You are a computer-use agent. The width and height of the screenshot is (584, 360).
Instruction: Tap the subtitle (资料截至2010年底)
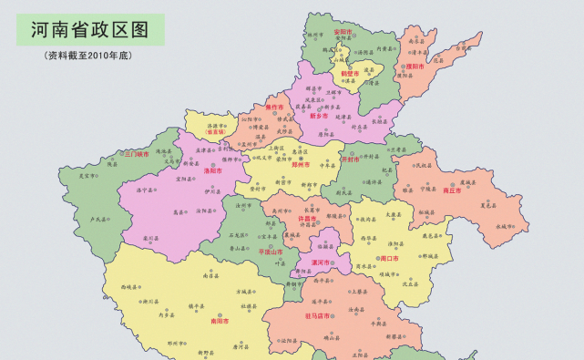(89, 56)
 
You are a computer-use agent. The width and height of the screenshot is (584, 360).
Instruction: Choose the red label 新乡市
(319, 116)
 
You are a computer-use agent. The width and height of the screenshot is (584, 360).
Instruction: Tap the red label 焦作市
(276, 108)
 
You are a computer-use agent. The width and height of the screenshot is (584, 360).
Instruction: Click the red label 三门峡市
(137, 154)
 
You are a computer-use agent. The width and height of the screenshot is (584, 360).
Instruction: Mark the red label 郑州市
(300, 166)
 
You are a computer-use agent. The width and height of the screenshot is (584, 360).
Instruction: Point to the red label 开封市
(351, 159)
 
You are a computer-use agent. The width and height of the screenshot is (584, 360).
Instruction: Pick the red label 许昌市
(308, 219)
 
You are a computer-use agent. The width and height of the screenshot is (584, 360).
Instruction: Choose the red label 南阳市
(220, 321)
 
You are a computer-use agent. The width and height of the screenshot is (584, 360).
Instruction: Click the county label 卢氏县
(99, 220)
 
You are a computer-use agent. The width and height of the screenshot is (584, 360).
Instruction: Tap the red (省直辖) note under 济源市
(217, 132)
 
